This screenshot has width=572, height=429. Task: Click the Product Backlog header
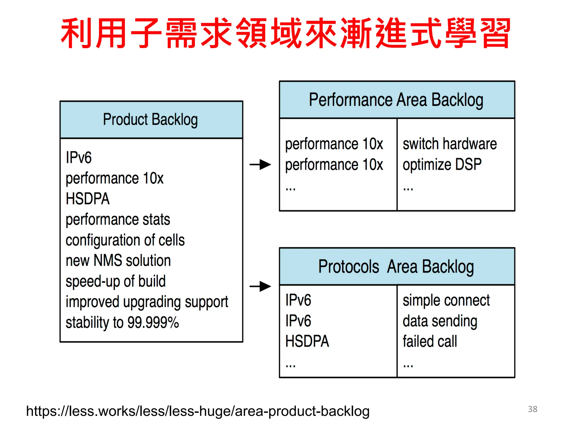[151, 120]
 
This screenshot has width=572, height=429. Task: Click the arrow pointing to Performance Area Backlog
[260, 165]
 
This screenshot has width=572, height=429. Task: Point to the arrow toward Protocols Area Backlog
[260, 286]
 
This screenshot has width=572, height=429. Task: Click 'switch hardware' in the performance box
[450, 144]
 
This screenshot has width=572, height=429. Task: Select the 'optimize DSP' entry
[442, 165]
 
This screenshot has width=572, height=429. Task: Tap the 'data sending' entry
[440, 321]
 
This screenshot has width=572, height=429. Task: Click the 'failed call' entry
[430, 342]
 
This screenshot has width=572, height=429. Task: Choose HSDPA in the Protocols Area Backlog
[307, 342]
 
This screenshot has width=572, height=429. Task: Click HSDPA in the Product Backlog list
[88, 199]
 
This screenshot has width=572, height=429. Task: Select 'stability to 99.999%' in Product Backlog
[122, 323]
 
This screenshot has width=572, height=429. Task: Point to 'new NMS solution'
[118, 261]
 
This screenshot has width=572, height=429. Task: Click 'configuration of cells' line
[125, 240]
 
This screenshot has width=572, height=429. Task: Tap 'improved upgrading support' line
[147, 302]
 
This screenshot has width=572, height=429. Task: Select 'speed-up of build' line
[116, 282]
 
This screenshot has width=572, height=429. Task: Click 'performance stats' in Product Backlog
[118, 220]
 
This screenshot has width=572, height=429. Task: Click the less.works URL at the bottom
[198, 411]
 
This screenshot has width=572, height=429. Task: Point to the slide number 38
[532, 409]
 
